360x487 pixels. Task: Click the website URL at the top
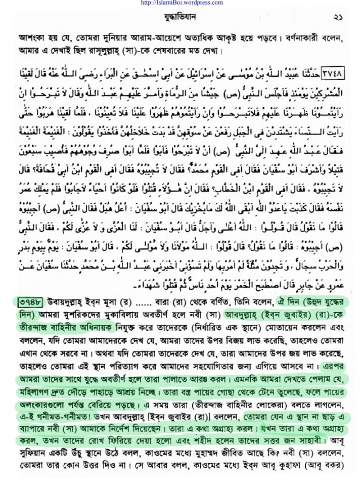coord(180,3)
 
